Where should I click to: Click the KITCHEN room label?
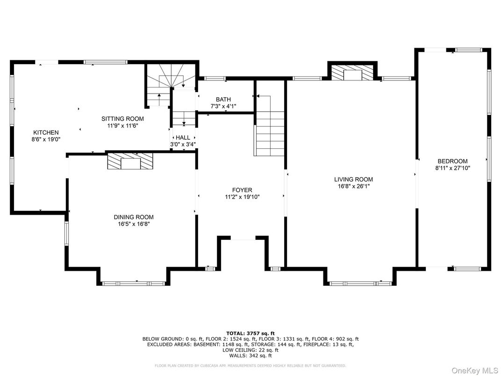(x=46, y=132)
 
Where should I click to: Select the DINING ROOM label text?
(x=134, y=217)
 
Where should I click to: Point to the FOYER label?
(x=242, y=190)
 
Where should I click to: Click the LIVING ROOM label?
(x=353, y=179)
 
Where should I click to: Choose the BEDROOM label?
(x=452, y=161)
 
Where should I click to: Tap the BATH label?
(x=223, y=99)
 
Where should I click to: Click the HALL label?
(x=183, y=137)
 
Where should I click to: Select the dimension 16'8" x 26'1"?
(x=353, y=186)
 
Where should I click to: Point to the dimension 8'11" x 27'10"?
(x=452, y=168)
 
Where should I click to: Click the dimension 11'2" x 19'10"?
(x=242, y=197)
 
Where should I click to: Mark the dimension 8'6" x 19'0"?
(x=46, y=139)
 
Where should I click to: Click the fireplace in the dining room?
(x=130, y=161)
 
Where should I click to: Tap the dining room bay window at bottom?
(x=133, y=283)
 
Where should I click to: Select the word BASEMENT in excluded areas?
(x=206, y=344)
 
